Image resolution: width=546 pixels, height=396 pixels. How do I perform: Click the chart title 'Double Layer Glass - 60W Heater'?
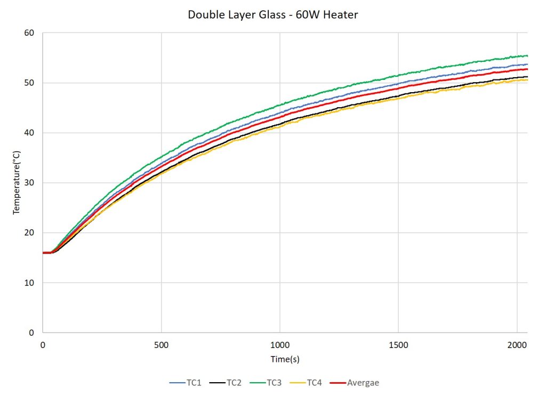(x=272, y=15)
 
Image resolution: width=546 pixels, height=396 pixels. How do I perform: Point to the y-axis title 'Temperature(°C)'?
(x=17, y=182)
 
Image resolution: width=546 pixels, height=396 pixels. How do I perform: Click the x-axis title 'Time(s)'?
(x=285, y=359)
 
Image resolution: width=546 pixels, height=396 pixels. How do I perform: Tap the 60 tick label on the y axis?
(x=29, y=33)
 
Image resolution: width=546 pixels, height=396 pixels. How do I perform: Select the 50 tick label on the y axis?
(x=29, y=83)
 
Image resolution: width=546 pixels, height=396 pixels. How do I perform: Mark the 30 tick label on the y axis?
(x=29, y=183)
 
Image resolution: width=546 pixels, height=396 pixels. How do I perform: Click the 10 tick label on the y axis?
(x=29, y=282)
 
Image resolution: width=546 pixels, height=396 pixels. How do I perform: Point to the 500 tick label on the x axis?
(x=161, y=345)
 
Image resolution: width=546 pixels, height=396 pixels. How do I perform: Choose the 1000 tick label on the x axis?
(x=280, y=345)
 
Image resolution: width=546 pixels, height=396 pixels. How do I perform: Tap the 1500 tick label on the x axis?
(x=398, y=345)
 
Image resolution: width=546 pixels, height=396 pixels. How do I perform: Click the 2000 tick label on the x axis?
(x=517, y=345)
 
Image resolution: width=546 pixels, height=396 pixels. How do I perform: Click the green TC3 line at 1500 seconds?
(x=398, y=75)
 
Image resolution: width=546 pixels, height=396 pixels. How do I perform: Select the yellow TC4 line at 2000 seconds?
(x=517, y=80)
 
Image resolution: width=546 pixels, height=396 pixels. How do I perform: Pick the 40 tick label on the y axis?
(x=29, y=133)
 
